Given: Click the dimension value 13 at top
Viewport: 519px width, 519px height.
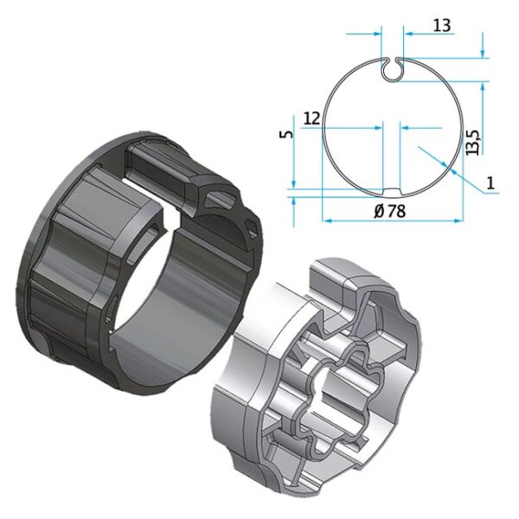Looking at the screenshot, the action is tap(441, 25).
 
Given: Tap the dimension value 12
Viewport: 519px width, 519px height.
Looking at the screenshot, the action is tap(311, 119).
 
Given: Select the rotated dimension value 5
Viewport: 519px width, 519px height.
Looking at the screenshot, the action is tap(287, 134).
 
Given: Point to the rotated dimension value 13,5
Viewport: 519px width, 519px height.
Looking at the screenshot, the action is tap(472, 142).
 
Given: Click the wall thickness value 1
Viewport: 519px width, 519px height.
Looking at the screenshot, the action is tap(490, 183).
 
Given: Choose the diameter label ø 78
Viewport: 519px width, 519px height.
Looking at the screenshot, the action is tap(389, 211).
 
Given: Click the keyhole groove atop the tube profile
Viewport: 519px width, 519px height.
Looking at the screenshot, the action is tap(392, 69).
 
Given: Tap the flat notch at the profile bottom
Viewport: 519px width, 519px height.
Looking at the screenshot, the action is tap(392, 191).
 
